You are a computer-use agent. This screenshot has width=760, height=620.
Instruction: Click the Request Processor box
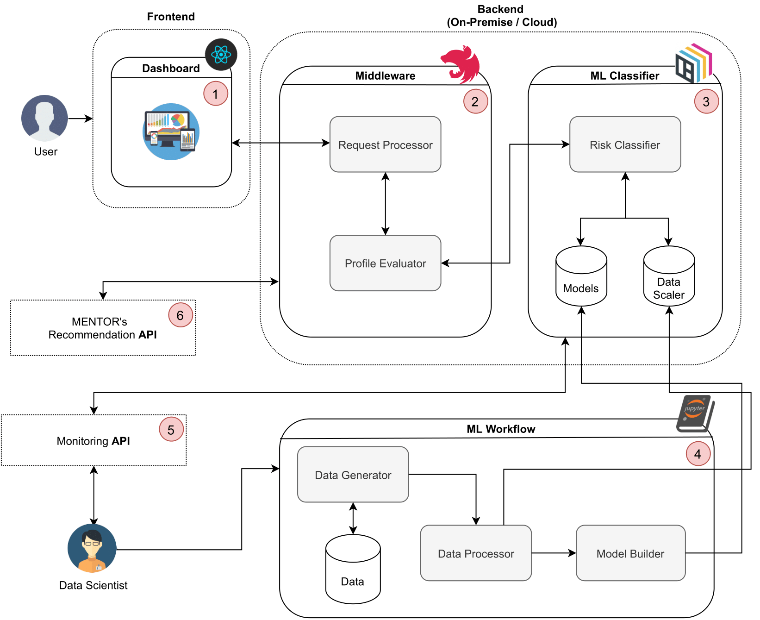[x=385, y=144]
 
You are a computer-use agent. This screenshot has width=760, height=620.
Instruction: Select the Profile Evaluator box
[x=385, y=263]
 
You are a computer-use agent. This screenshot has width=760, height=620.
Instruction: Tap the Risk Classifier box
[x=625, y=144]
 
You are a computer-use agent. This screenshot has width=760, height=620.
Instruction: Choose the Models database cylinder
[x=581, y=276]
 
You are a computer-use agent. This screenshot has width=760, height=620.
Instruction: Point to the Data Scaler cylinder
[x=669, y=276]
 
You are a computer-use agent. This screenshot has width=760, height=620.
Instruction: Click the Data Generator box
[x=353, y=475]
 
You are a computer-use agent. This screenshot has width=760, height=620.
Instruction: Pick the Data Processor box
[x=476, y=553]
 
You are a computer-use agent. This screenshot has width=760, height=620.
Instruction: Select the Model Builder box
[x=630, y=553]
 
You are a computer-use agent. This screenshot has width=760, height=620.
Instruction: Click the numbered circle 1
[x=216, y=94]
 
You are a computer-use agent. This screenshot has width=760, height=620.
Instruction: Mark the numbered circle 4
[x=698, y=454]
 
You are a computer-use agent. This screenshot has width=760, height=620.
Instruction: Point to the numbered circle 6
[x=181, y=315]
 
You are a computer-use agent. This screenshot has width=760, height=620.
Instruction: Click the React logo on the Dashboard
[x=221, y=55]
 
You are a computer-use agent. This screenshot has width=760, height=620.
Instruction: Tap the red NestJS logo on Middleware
[x=461, y=64]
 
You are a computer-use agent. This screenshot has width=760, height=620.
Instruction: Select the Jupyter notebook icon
[x=695, y=413]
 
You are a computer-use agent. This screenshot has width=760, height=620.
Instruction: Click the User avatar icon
[x=45, y=118]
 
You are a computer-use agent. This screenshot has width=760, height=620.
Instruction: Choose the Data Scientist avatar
[x=92, y=549]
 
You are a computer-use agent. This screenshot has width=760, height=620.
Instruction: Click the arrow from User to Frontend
[x=81, y=119]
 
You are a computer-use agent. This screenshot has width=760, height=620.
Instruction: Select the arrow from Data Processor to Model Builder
[x=554, y=553]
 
